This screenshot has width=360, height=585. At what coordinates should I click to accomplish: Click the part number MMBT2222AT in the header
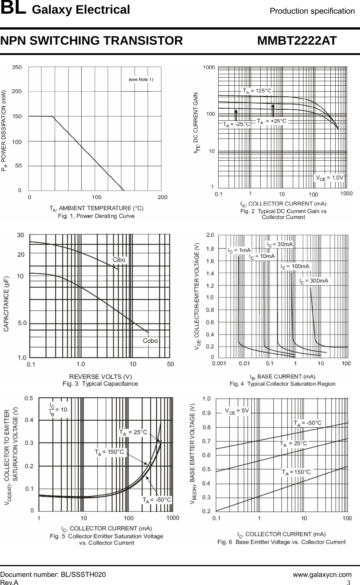(x=297, y=41)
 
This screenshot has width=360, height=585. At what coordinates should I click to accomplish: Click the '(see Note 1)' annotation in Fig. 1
(x=141, y=79)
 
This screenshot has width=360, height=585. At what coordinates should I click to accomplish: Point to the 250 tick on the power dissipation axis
(x=17, y=67)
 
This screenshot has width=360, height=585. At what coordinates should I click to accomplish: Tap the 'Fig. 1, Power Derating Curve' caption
(x=96, y=216)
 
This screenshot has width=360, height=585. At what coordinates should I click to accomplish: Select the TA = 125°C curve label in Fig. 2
(x=257, y=90)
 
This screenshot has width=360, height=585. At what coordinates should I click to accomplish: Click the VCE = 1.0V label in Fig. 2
(x=329, y=177)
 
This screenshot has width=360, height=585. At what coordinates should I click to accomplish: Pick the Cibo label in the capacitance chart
(x=119, y=260)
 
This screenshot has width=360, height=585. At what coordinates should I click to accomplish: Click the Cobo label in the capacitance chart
(x=150, y=341)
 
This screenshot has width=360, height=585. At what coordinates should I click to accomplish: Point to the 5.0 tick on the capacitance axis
(x=22, y=323)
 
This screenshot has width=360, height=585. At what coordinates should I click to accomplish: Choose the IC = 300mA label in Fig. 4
(x=313, y=281)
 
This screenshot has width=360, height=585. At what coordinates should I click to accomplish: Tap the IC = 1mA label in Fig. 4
(x=239, y=250)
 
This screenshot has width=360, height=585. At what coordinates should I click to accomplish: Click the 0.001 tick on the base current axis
(x=220, y=364)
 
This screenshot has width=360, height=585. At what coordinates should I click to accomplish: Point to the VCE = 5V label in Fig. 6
(x=237, y=410)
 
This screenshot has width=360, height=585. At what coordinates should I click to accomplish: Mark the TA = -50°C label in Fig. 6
(x=307, y=422)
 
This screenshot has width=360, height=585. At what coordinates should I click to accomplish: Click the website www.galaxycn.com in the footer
(x=322, y=575)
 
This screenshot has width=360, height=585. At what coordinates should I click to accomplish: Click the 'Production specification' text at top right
(x=312, y=11)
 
